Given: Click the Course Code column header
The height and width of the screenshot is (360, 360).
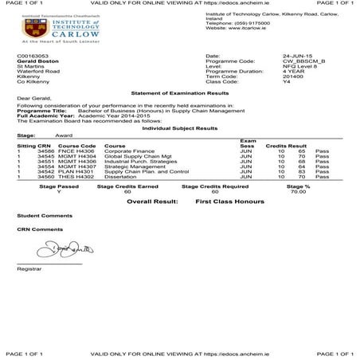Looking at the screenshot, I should pos(76,145).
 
